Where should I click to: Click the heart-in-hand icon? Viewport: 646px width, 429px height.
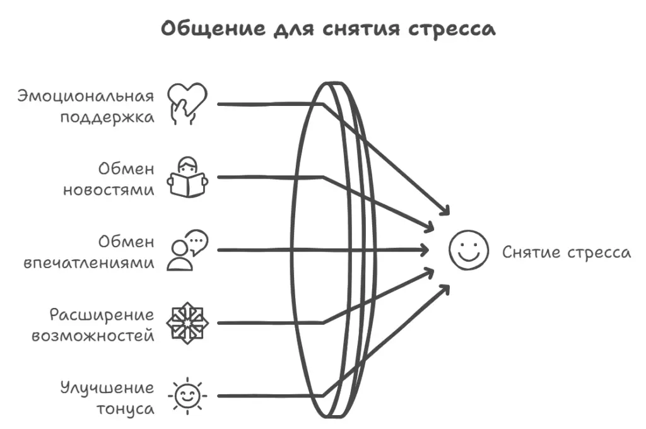(187, 102)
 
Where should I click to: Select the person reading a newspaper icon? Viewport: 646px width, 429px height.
(187, 177)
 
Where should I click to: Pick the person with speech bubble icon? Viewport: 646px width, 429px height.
(187, 250)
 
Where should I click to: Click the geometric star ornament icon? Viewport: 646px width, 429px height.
(187, 323)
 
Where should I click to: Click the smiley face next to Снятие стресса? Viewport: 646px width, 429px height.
(469, 250)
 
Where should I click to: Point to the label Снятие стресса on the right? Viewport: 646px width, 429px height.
(566, 252)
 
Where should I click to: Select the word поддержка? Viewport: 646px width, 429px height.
(107, 118)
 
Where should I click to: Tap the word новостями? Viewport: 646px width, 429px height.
(109, 191)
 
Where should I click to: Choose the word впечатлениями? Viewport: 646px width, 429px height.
(89, 264)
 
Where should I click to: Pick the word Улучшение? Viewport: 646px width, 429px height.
(107, 387)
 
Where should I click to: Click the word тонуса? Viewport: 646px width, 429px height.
(125, 409)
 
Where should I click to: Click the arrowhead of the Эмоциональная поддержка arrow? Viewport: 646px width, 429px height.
(446, 211)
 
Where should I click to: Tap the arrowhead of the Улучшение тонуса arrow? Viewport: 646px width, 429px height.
(446, 288)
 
